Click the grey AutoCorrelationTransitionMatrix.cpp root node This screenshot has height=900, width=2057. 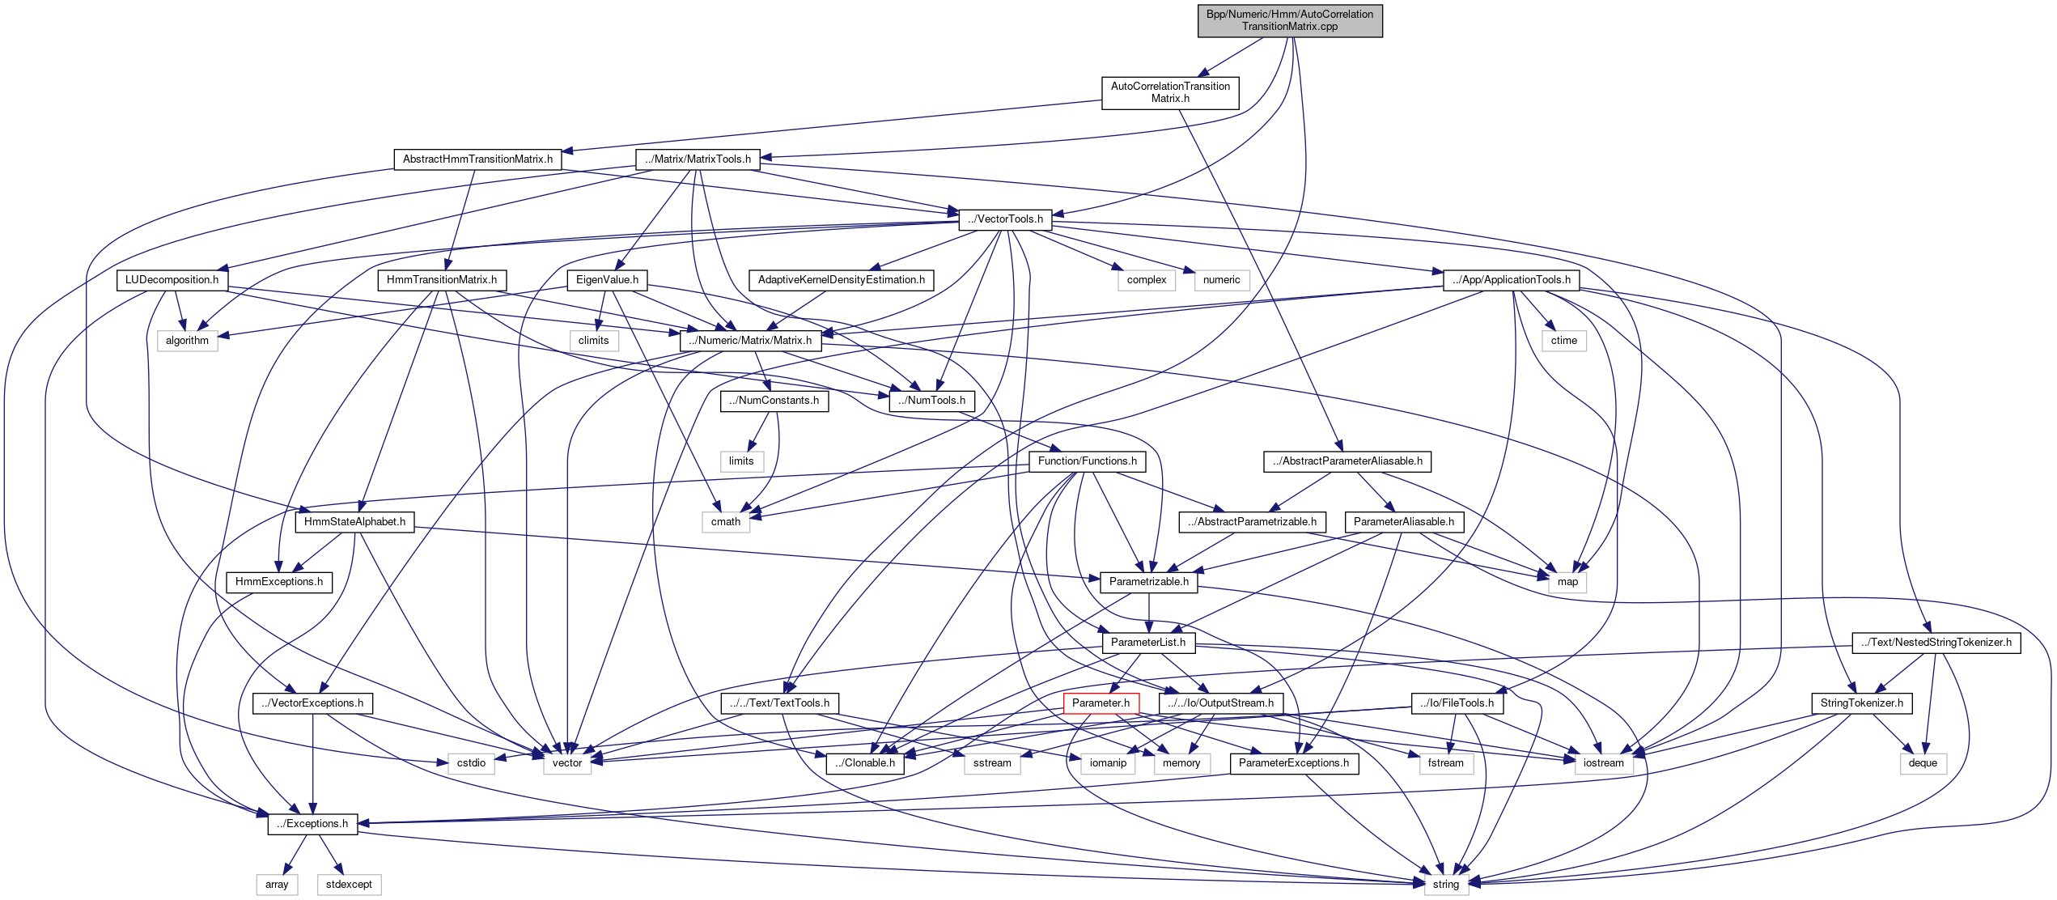coord(1289,20)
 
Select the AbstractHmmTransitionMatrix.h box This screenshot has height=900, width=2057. coord(477,159)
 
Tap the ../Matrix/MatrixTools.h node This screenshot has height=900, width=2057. coord(698,159)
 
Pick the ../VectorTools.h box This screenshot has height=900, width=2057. coord(1005,219)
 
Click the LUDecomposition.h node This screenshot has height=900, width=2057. coord(172,280)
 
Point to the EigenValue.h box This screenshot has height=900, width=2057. coord(607,280)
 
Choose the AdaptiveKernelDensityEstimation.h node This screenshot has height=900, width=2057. coord(841,280)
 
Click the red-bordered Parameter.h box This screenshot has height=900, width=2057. coord(1101,703)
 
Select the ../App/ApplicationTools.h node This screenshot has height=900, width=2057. coord(1511,280)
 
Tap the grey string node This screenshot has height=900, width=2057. coord(1445,885)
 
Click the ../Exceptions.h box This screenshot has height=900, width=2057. coord(312,824)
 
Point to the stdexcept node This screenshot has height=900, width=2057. coord(349,885)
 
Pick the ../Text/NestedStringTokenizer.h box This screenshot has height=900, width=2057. coord(1936,643)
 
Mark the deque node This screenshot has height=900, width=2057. coord(1923,763)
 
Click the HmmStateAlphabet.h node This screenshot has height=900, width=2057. coord(354,522)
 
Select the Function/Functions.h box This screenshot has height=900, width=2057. coord(1087,461)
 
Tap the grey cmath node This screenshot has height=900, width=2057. coord(725,522)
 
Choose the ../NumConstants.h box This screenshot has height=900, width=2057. coord(774,401)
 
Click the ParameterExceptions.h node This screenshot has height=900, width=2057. coord(1293,763)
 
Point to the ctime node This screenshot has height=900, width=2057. coord(1563,341)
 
